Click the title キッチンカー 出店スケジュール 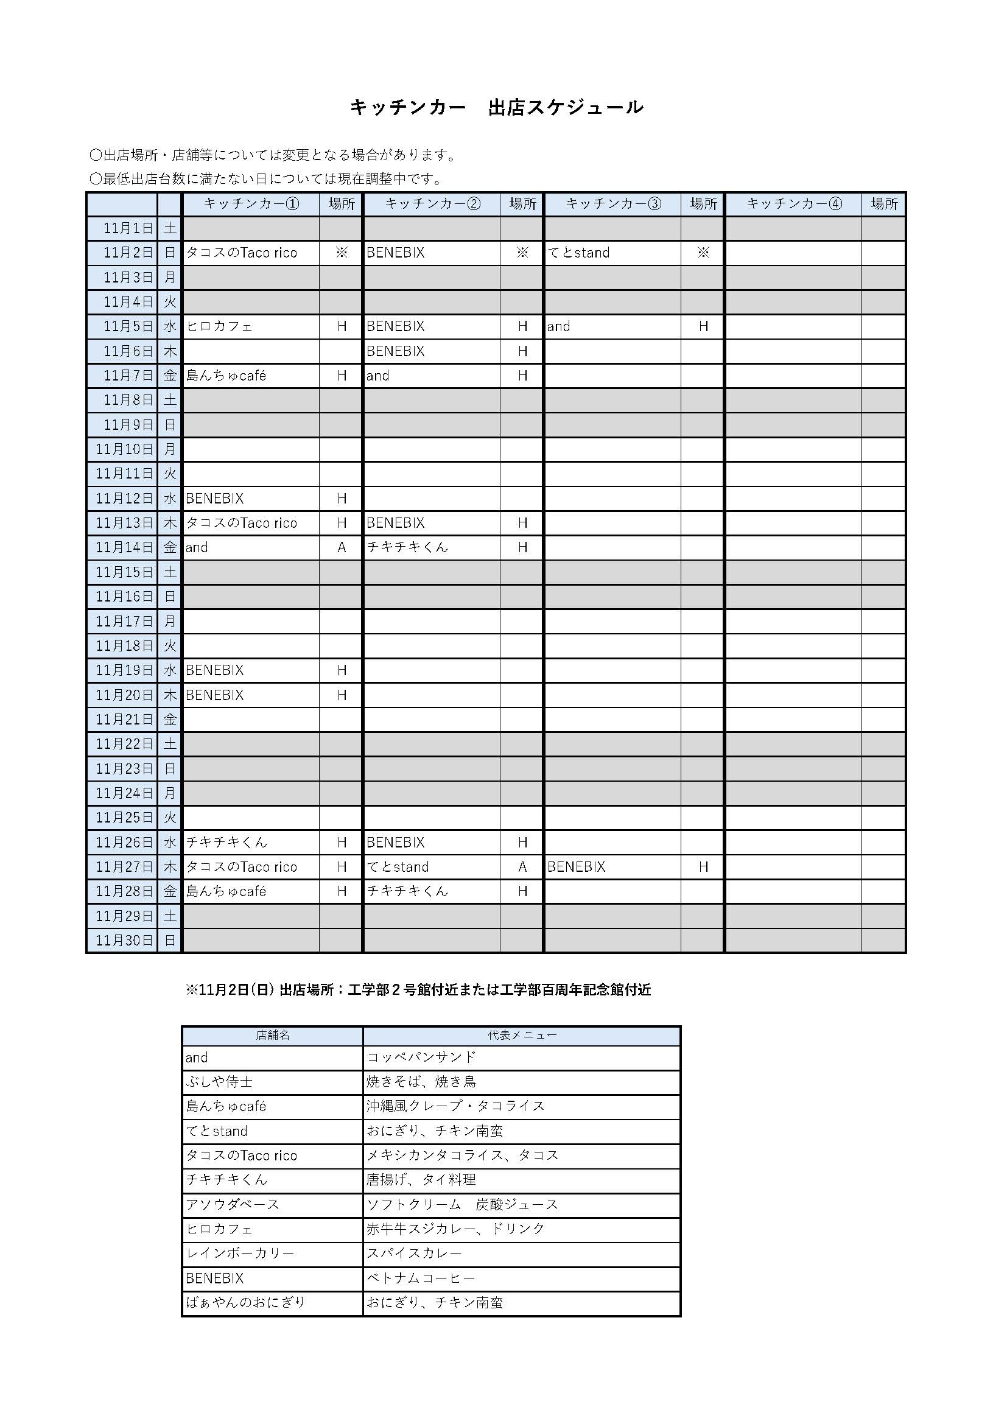click(497, 107)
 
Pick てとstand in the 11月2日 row click(578, 253)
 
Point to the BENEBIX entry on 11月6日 click(396, 351)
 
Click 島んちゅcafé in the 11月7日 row click(226, 375)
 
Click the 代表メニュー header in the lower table click(522, 1035)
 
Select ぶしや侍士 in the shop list click(219, 1082)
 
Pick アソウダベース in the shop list click(233, 1204)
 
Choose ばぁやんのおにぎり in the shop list click(245, 1302)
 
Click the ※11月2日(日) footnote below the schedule click(418, 990)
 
